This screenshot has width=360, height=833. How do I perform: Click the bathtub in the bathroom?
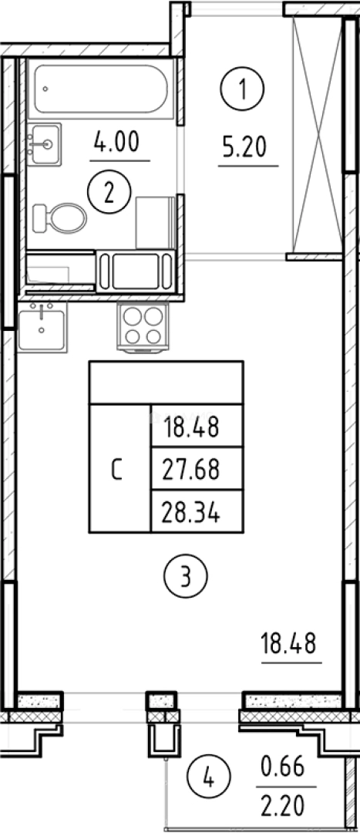tap(101, 89)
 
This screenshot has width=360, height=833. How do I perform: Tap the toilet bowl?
tap(59, 218)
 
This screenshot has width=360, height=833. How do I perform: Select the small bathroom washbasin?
tap(44, 144)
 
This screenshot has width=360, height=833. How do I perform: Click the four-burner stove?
tap(143, 326)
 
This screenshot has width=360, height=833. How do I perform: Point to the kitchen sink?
tap(42, 327)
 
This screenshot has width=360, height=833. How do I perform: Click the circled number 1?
tap(242, 89)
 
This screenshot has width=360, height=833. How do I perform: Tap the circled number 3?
tap(186, 576)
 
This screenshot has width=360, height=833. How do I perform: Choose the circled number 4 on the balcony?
tap(209, 781)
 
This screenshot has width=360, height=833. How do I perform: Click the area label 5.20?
tap(244, 148)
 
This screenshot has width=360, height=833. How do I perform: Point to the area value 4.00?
tap(116, 143)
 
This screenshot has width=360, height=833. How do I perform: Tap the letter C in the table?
tap(117, 470)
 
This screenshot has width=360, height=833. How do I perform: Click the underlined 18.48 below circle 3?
tap(288, 644)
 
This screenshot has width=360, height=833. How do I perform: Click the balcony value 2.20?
tap(283, 806)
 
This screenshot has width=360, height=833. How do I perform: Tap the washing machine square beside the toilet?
tap(155, 222)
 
